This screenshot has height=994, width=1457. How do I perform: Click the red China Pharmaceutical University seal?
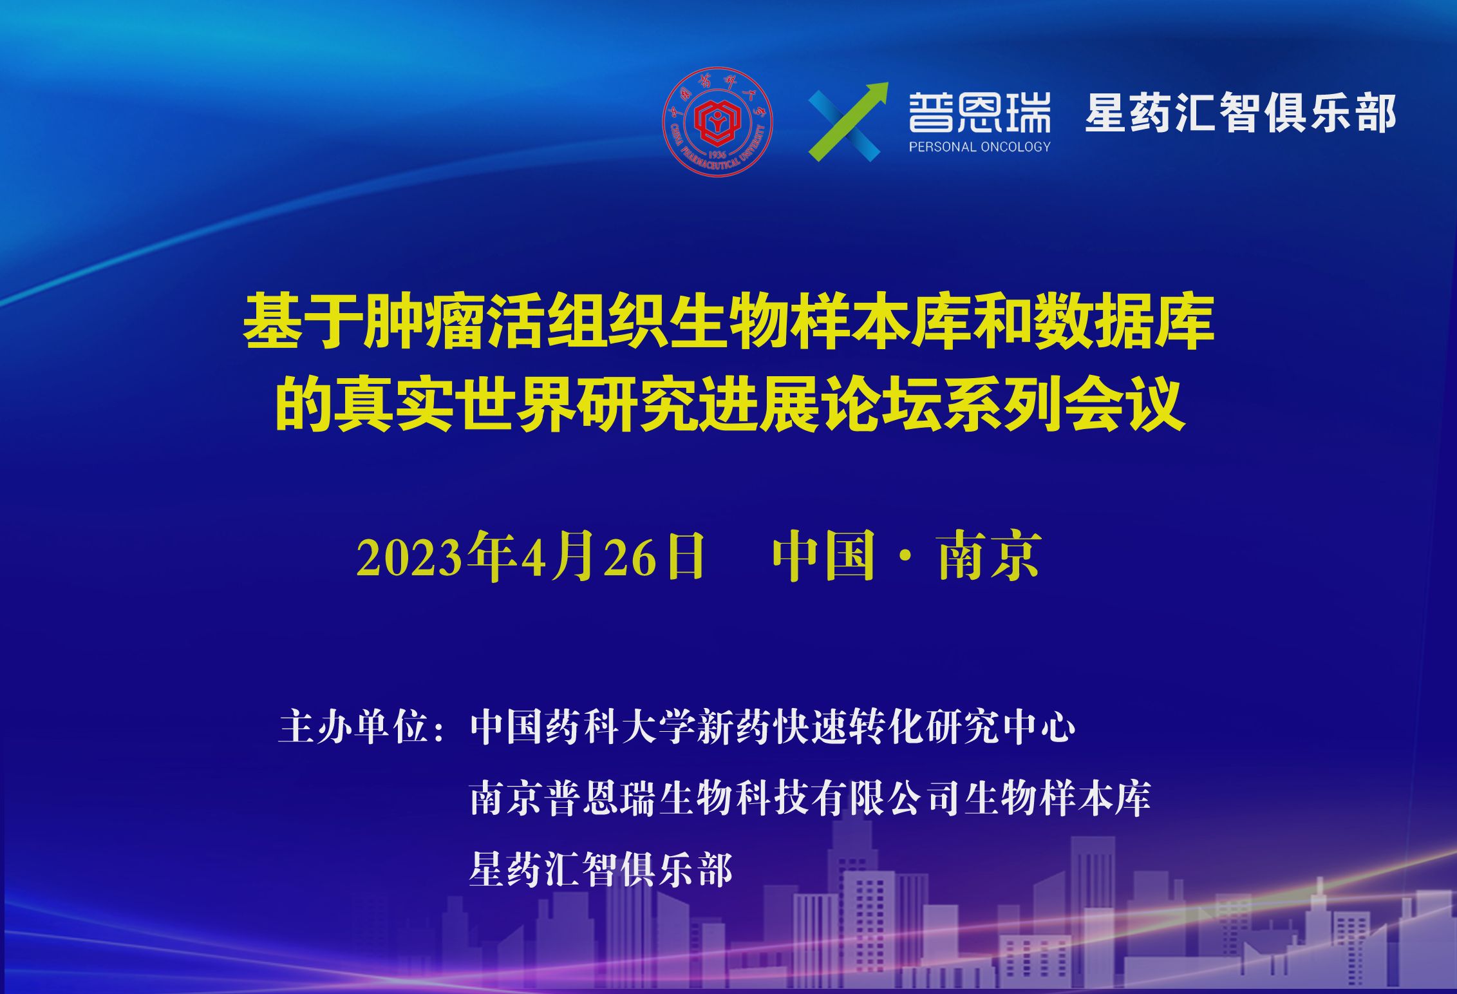(x=717, y=122)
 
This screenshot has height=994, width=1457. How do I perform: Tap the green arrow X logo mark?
(x=848, y=122)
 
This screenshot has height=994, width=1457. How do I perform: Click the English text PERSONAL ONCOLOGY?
(x=979, y=147)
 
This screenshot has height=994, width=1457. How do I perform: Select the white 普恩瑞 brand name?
(x=979, y=112)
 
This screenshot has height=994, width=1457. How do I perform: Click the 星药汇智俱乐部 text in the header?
(x=1240, y=113)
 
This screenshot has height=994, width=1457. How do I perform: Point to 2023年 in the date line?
(x=436, y=555)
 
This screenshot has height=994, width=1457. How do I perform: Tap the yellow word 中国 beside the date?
(x=823, y=555)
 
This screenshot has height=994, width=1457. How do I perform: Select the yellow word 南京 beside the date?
(x=989, y=555)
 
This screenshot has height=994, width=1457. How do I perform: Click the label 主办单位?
(x=354, y=727)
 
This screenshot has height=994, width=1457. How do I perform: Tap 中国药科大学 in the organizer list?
(x=583, y=727)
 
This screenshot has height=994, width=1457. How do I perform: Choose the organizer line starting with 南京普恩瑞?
(x=810, y=798)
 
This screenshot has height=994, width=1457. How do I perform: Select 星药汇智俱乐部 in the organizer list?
(x=601, y=870)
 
